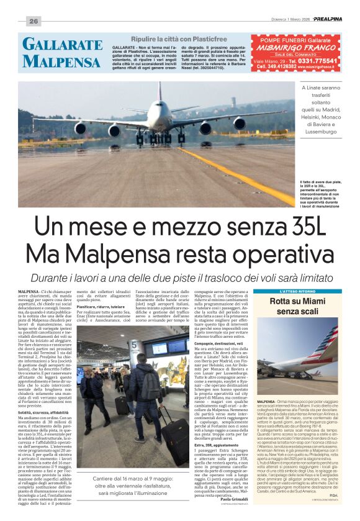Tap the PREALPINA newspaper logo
(328, 20)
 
